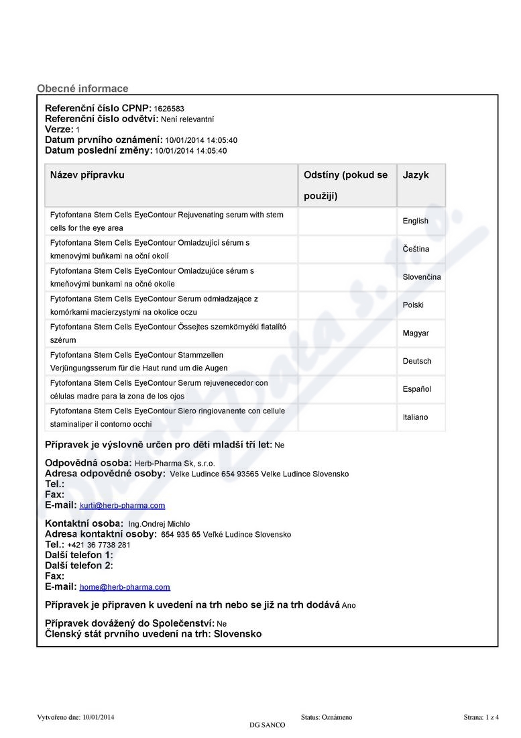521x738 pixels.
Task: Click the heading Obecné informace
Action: point(82,89)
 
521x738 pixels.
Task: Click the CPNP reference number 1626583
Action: point(169,109)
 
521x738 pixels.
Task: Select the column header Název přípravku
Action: point(87,175)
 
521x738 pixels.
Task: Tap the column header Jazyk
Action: point(416,175)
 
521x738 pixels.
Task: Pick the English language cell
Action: point(415,221)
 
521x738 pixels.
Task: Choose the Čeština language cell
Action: point(416,249)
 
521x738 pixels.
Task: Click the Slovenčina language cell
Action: point(422,277)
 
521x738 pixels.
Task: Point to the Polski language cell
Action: point(413,305)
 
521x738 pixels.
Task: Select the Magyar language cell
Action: point(416,333)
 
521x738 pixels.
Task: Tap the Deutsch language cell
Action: point(417,362)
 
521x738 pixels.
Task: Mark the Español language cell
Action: point(417,390)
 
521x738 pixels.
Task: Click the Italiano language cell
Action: point(415,417)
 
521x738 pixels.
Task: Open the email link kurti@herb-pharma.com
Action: point(122,506)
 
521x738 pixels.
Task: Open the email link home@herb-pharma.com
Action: point(125,587)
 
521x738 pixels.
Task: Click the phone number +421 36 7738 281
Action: point(99,545)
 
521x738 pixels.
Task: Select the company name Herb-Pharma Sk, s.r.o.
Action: point(180,464)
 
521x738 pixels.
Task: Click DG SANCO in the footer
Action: point(267,725)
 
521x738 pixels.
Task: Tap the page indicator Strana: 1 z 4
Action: point(481,717)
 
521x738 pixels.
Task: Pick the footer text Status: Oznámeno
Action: point(327,717)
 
